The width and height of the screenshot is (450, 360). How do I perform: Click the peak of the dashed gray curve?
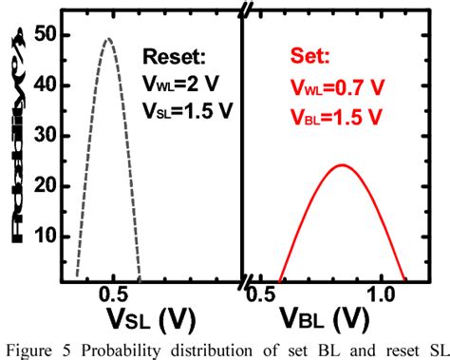pos(108,40)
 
